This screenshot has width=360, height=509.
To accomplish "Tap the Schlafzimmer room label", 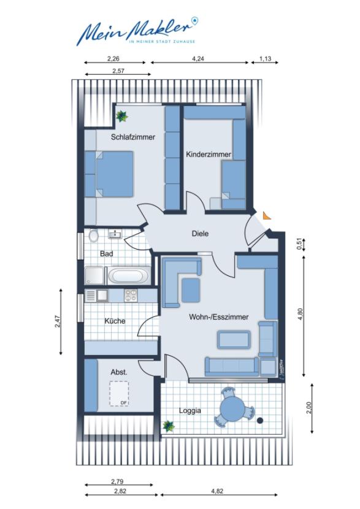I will pos(132,137).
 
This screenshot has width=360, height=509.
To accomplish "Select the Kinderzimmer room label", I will pos(208,155).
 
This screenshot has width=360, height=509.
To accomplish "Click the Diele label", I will pos(201,234).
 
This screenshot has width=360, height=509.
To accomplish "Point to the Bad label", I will pos(106,253).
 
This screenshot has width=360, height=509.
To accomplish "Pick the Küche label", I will pos(115,321).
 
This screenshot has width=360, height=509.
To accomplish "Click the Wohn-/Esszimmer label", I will pos(218,317).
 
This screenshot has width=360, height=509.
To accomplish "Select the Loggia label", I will pos(191,411).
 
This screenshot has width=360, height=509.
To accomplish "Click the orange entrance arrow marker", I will pos(266,215).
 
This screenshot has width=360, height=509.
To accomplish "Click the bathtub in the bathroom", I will pos(129,275).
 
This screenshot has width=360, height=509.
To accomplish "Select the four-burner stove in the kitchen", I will pos(131,296).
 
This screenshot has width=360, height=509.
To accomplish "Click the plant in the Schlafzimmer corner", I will pos(121,115).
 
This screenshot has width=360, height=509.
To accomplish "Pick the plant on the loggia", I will pos(167,425).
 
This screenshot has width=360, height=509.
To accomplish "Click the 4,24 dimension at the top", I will pos(198,59).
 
